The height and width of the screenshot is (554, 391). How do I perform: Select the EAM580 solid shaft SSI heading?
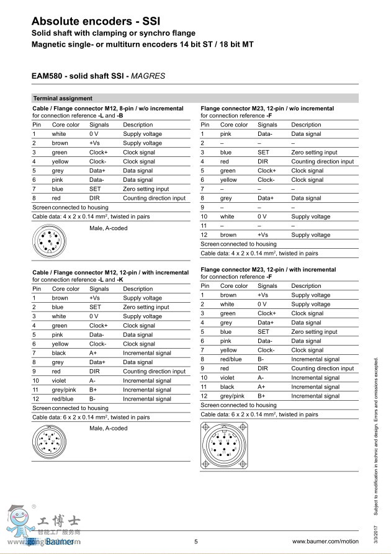point(98,76)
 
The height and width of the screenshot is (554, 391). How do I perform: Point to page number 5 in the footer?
point(196,542)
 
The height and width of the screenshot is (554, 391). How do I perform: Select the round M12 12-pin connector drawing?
point(49,442)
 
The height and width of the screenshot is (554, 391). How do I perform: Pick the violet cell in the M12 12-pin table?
point(60,380)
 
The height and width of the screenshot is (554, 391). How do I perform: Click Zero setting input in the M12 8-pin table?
point(146,189)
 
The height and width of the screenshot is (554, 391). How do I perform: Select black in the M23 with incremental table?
point(227,386)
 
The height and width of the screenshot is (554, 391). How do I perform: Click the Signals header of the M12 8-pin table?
point(99,125)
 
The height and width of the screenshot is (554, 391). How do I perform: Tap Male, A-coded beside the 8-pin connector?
point(108,228)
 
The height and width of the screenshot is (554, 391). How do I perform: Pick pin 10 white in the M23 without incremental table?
point(227,217)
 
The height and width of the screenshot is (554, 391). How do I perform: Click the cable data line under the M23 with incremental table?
point(259,414)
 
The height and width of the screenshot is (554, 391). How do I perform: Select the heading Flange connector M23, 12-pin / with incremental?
point(268,270)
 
